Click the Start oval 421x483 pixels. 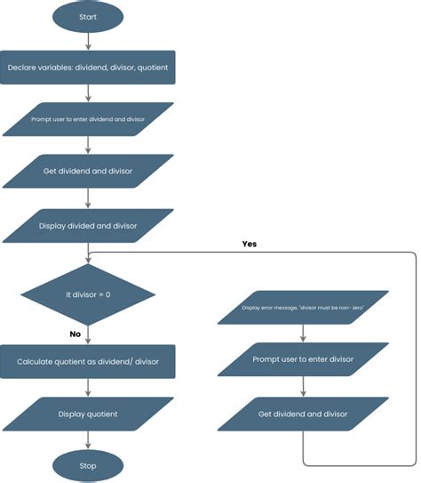click(87, 16)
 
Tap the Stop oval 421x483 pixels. click(87, 465)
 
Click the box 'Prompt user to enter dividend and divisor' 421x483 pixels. click(87, 118)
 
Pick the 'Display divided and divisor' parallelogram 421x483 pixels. click(87, 226)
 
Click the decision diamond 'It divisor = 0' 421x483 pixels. click(87, 294)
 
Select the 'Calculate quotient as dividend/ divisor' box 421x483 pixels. click(87, 362)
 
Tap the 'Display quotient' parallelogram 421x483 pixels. click(87, 414)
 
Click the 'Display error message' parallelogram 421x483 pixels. click(304, 308)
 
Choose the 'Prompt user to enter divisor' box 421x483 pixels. click(304, 359)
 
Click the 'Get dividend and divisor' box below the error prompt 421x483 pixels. click(304, 414)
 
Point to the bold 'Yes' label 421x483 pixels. click(249, 243)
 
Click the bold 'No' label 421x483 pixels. click(76, 334)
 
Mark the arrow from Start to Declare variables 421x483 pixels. click(87, 40)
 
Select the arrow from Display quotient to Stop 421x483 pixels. click(87, 440)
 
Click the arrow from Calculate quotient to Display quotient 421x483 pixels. click(87, 388)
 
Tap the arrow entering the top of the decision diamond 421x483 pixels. click(87, 254)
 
